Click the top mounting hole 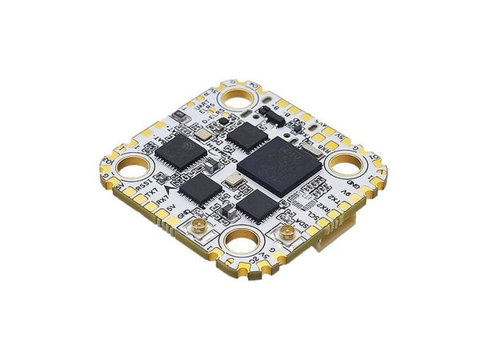(x=238, y=98)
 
